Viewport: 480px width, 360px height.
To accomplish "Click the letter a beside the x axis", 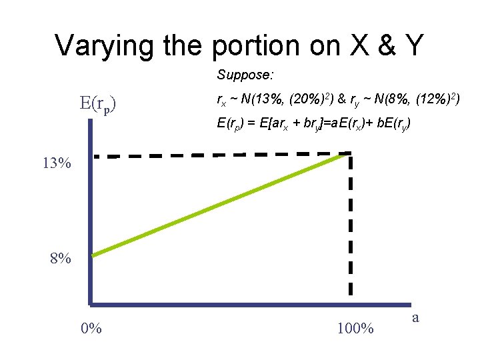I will (415, 317).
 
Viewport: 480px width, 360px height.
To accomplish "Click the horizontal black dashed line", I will (220, 155).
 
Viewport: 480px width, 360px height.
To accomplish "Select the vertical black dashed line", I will (349, 227).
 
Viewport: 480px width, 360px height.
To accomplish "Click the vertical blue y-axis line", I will (89, 227).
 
